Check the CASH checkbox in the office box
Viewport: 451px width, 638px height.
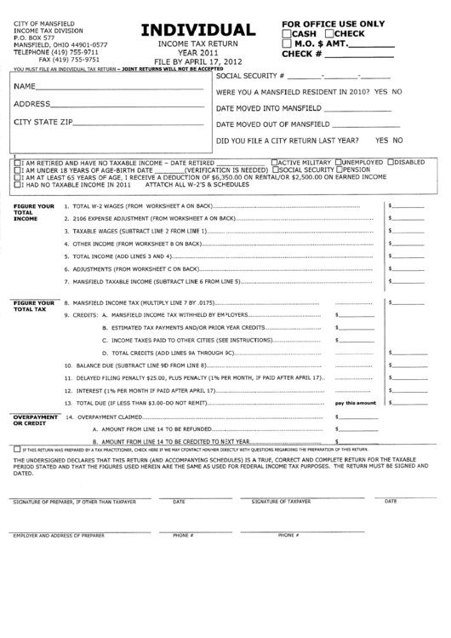[x=288, y=32]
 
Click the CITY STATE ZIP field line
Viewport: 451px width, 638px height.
[x=136, y=125]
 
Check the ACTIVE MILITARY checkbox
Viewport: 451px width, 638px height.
[x=273, y=161]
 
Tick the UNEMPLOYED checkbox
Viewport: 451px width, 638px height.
[x=340, y=161]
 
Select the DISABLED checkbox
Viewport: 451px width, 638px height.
[x=390, y=161]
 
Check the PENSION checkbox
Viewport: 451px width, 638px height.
[x=340, y=169]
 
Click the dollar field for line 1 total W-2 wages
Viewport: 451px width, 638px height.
[x=407, y=206]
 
